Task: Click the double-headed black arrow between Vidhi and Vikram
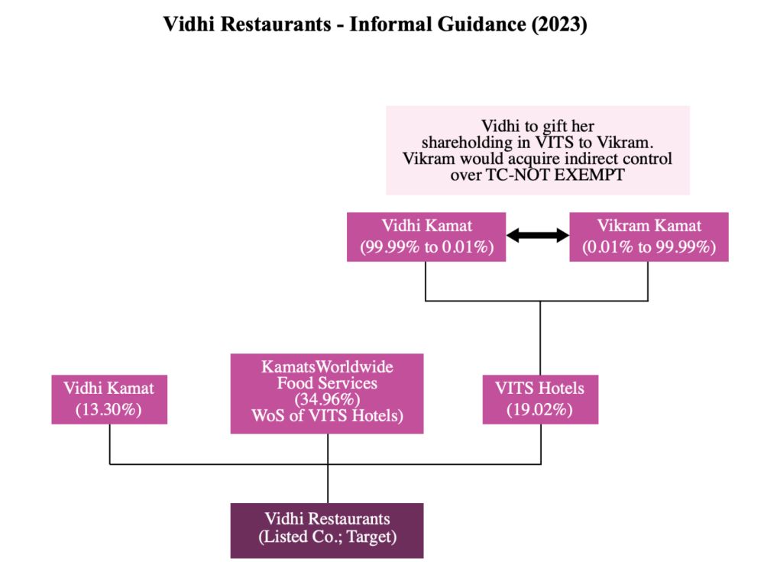(539, 236)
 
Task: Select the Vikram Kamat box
(649, 237)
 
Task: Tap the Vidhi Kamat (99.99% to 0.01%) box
(426, 237)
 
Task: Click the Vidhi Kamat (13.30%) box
(109, 399)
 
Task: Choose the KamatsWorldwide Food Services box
(327, 393)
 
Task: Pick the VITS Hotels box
(539, 399)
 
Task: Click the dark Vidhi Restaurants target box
(327, 528)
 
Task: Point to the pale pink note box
(537, 150)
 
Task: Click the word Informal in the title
(389, 24)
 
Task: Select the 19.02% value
(539, 409)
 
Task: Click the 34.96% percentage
(327, 399)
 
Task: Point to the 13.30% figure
(109, 409)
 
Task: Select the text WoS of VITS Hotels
(327, 416)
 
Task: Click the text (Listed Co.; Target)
(327, 537)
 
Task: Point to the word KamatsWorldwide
(327, 367)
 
